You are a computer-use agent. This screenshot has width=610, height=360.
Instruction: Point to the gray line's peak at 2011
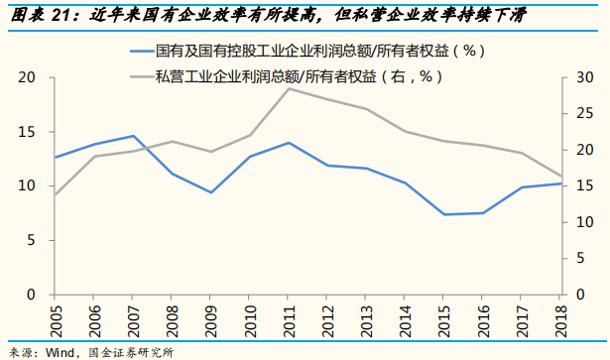pos(288,88)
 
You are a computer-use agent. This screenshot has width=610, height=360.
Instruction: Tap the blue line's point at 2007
pos(133,136)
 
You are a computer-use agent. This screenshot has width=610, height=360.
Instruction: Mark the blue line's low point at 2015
pos(444,214)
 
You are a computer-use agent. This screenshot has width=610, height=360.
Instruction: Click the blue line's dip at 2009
pos(210,192)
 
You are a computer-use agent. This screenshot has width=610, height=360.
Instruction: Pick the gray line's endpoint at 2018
pos(561,176)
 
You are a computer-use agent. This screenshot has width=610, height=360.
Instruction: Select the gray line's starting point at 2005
pos(56,194)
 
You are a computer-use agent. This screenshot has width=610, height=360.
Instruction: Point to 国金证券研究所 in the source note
pos(130,352)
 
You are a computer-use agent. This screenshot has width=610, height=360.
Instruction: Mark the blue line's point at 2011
pos(288,143)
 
